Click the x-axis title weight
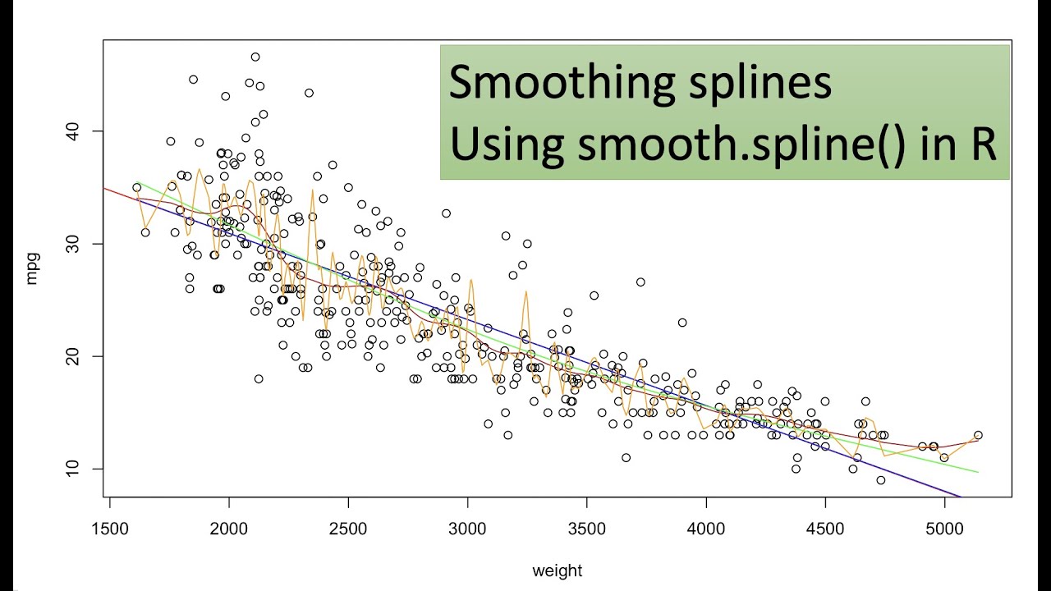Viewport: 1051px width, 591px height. point(558,570)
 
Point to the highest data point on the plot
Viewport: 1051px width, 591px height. point(255,57)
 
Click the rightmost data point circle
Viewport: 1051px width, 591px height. point(978,435)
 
